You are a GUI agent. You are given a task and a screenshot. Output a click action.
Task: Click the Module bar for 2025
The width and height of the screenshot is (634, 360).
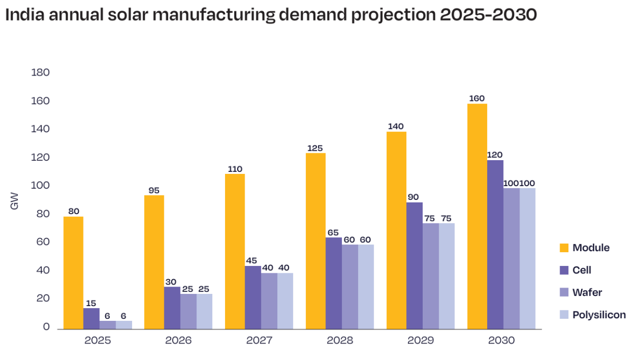point(73,273)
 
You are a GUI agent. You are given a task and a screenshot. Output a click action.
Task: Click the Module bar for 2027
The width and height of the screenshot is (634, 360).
point(235,252)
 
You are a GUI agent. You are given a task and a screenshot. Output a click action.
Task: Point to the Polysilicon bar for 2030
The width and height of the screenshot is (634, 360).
point(527,259)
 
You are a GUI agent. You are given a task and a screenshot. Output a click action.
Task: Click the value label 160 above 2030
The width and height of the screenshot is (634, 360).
point(477,98)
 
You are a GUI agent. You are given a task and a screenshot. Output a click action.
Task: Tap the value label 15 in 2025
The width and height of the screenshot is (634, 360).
point(90,303)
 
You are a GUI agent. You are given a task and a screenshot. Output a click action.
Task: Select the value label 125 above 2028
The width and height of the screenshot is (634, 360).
point(315,148)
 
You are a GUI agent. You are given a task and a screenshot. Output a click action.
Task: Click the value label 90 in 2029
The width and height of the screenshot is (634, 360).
point(414,197)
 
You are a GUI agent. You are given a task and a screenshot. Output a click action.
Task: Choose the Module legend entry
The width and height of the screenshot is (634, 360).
point(591,248)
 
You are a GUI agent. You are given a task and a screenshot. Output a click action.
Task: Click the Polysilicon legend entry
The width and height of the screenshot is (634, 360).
point(599,315)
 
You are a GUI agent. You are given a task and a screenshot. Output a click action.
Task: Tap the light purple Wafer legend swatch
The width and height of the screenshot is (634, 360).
point(564,293)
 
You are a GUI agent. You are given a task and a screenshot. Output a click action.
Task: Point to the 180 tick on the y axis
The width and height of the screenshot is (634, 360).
point(41,72)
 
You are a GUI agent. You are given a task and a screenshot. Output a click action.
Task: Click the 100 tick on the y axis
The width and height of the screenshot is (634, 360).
point(41,186)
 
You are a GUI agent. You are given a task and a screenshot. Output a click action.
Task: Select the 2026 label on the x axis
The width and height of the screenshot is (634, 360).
point(178,340)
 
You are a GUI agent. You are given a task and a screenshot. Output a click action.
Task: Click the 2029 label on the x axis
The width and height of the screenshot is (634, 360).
point(421,340)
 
